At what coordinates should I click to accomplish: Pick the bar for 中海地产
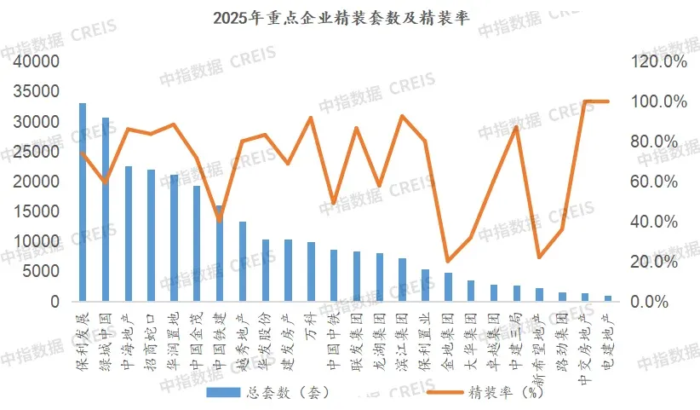(129, 234)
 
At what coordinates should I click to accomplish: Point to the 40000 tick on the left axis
(36, 62)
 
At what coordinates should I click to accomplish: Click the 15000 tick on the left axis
(36, 212)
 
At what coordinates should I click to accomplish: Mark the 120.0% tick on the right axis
(657, 62)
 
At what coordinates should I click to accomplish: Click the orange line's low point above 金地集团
(448, 261)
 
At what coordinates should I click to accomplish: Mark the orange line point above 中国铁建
(220, 220)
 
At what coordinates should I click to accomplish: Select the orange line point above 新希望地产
(539, 257)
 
